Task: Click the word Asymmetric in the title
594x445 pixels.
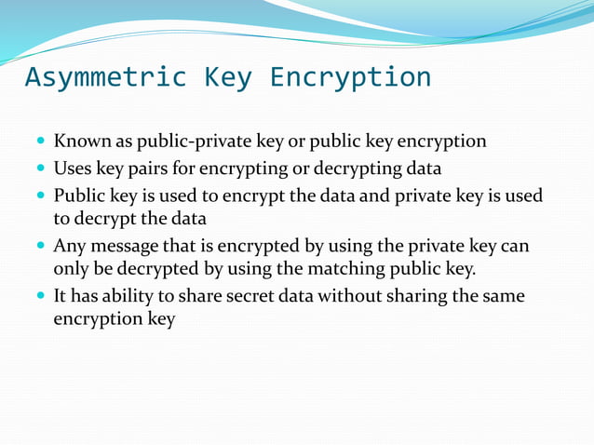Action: click(x=105, y=77)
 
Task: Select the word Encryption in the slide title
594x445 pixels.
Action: click(x=350, y=77)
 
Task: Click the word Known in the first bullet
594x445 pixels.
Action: click(x=82, y=142)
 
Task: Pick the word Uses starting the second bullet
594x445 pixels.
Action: click(x=71, y=169)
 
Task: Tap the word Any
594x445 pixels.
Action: click(x=68, y=247)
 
